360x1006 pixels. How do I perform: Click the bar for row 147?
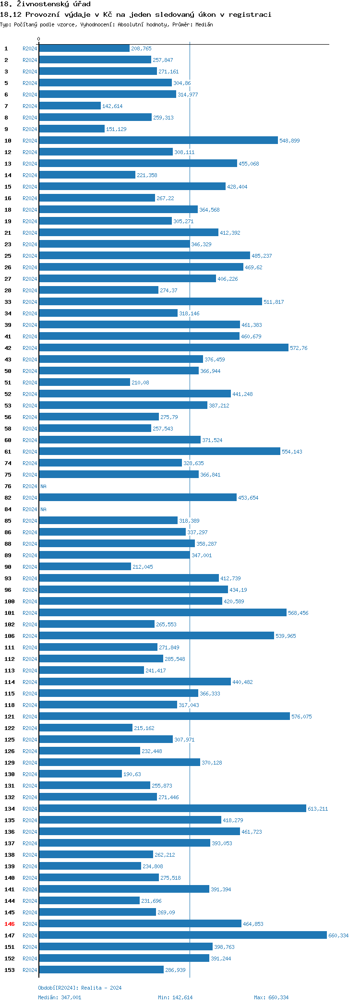tap(182, 935)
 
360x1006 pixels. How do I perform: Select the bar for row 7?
tap(70, 106)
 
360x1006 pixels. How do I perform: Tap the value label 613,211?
tap(318, 809)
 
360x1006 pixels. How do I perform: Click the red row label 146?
tap(10, 924)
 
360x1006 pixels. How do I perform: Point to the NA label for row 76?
tap(44, 486)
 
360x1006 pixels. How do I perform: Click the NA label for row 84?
tap(44, 509)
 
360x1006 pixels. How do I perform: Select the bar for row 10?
tap(158, 140)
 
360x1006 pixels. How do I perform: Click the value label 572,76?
tap(299, 348)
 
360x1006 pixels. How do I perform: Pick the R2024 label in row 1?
tap(30, 48)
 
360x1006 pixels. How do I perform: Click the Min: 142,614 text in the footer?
tap(175, 997)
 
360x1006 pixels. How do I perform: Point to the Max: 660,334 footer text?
tap(271, 997)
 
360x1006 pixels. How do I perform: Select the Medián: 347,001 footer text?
tap(60, 997)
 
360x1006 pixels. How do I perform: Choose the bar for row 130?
tap(80, 774)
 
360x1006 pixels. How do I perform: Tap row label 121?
tap(10, 717)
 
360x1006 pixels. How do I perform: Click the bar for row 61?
tap(159, 451)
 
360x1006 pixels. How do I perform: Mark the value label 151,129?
tap(116, 129)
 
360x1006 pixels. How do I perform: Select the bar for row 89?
tap(114, 555)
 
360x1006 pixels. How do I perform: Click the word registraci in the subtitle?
tap(250, 14)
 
